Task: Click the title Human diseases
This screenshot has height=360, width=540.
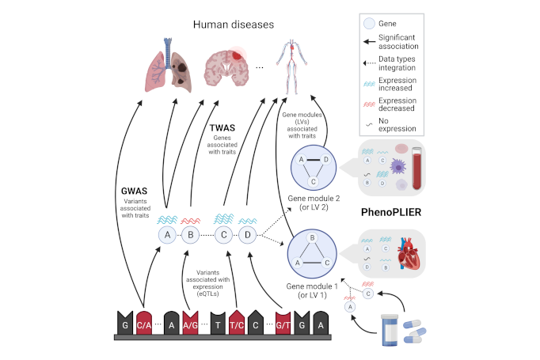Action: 234,25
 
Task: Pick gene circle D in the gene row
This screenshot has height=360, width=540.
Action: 249,235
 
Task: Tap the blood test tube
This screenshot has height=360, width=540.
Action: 417,167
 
